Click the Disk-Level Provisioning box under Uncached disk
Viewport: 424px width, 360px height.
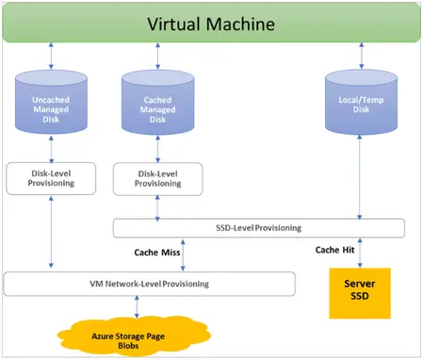pyautogui.click(x=53, y=178)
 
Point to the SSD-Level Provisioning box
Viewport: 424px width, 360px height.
pyautogui.click(x=258, y=228)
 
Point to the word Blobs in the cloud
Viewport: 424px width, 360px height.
pyautogui.click(x=137, y=344)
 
